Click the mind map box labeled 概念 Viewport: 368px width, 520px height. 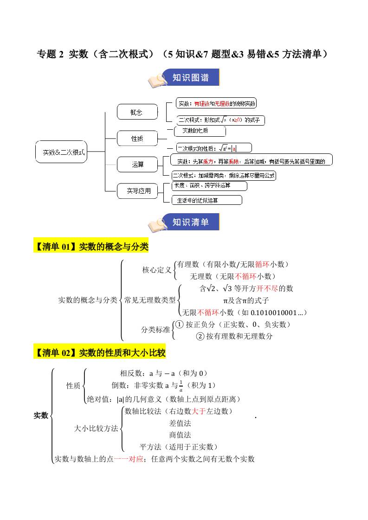coord(136,112)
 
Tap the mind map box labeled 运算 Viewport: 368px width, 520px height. coord(138,165)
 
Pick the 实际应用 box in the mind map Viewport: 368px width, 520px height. coord(139,190)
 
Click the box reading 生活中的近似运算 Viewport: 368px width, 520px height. coord(207,200)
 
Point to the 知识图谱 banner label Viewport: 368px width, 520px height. coord(190,77)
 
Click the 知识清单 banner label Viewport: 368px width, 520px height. coord(190,222)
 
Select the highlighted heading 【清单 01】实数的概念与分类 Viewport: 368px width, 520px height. coord(91,247)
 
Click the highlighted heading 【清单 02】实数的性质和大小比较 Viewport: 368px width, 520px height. coord(99,353)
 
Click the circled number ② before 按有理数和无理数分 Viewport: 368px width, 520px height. coord(200,336)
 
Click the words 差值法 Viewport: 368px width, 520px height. coord(180,423)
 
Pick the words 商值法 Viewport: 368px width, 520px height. coord(180,435)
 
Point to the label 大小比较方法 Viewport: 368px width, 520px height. coord(96,428)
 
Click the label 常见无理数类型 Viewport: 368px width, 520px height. coord(150,300)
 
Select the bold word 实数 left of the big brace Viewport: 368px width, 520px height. coord(41,415)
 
